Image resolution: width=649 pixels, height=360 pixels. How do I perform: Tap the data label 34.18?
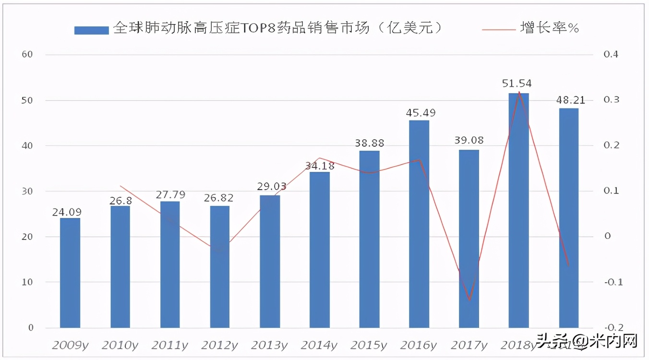(320, 167)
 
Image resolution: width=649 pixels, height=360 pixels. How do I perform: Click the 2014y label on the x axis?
(319, 345)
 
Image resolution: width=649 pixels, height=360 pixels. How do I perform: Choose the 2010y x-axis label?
(120, 345)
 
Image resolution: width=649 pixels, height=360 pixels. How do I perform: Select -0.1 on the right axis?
(612, 282)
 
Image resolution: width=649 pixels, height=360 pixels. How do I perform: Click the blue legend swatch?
(91, 30)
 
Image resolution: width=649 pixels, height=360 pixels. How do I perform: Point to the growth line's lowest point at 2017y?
(469, 300)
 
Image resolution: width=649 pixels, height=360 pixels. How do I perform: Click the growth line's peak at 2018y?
(519, 91)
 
